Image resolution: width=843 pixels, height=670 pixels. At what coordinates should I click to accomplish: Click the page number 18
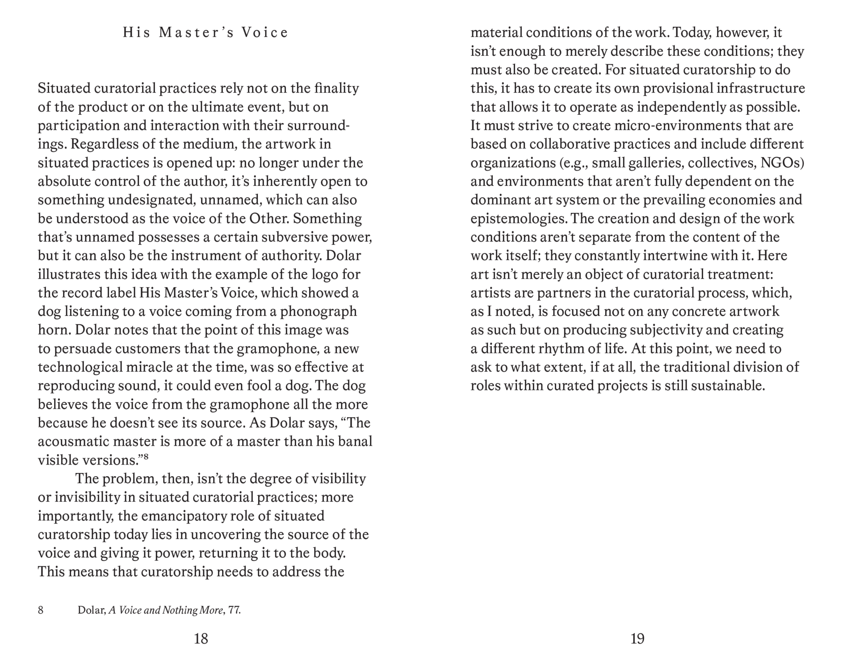(x=201, y=639)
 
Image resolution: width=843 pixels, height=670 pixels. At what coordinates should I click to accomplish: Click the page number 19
(x=637, y=639)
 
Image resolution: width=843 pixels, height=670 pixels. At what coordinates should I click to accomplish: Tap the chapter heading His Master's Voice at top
(x=206, y=33)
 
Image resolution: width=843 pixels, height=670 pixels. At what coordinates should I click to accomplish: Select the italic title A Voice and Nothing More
(x=165, y=610)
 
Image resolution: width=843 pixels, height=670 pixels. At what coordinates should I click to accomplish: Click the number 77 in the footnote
(x=234, y=610)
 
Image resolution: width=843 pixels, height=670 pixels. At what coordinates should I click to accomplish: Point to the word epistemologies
(x=518, y=219)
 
